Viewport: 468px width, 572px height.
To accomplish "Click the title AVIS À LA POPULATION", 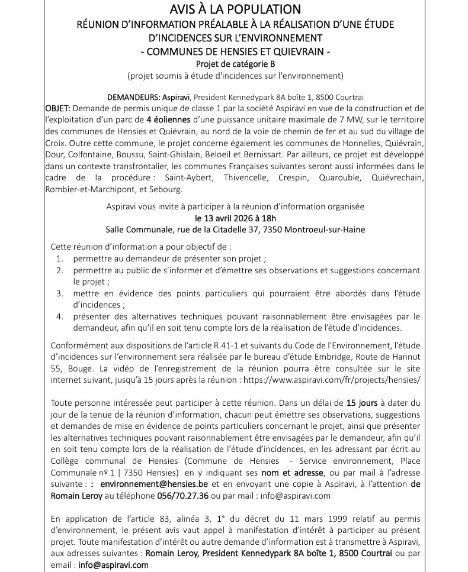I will [x=235, y=9].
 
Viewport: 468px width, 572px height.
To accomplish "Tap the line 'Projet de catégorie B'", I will [x=235, y=64].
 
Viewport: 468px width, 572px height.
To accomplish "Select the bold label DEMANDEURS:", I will [x=131, y=97].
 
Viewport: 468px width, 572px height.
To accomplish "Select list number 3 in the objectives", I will [x=60, y=293].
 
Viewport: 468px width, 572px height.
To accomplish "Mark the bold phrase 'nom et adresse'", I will [x=293, y=473].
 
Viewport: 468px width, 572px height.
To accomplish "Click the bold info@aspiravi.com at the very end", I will [x=114, y=565].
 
